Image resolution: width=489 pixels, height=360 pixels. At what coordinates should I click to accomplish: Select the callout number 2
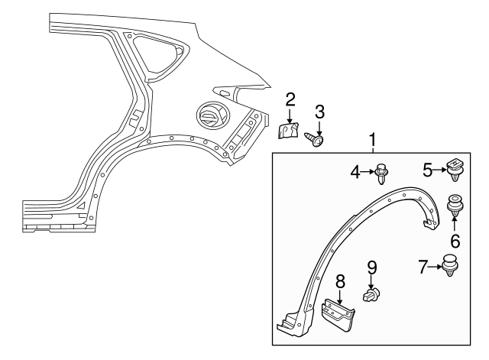(290, 99)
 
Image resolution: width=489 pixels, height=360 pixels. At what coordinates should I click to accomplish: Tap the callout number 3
(320, 112)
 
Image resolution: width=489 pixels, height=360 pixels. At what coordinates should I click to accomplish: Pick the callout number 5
(429, 169)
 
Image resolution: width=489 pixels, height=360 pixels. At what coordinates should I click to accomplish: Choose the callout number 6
(455, 241)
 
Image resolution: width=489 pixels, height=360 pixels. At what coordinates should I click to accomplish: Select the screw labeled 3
(316, 140)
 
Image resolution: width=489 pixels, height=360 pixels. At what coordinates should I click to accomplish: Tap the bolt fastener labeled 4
(381, 175)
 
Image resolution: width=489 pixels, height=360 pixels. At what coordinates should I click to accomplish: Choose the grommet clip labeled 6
(455, 206)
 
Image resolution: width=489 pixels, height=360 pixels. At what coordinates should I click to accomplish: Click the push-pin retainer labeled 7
(451, 267)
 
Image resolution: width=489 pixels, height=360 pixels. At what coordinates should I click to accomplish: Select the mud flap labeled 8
(339, 316)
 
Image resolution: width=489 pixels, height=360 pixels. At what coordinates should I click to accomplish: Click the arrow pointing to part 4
(367, 174)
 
